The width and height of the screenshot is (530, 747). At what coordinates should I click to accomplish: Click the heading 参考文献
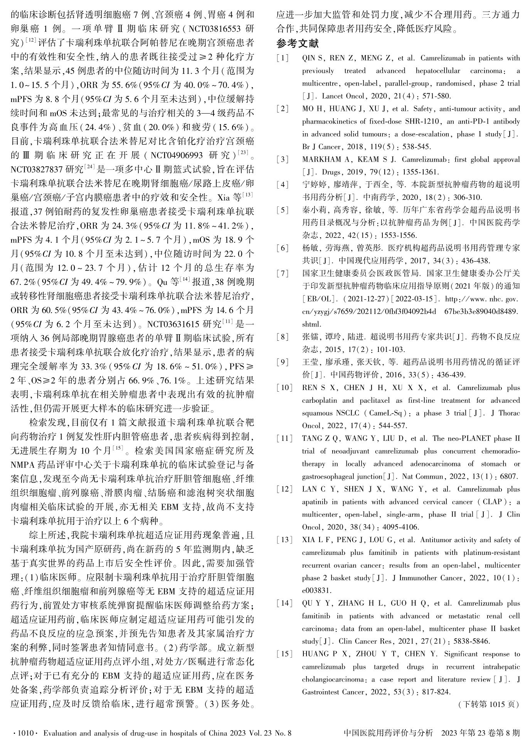[298, 44]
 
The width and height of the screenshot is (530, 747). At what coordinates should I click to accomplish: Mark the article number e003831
[314, 590]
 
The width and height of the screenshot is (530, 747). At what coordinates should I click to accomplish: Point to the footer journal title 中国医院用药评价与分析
[388, 733]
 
